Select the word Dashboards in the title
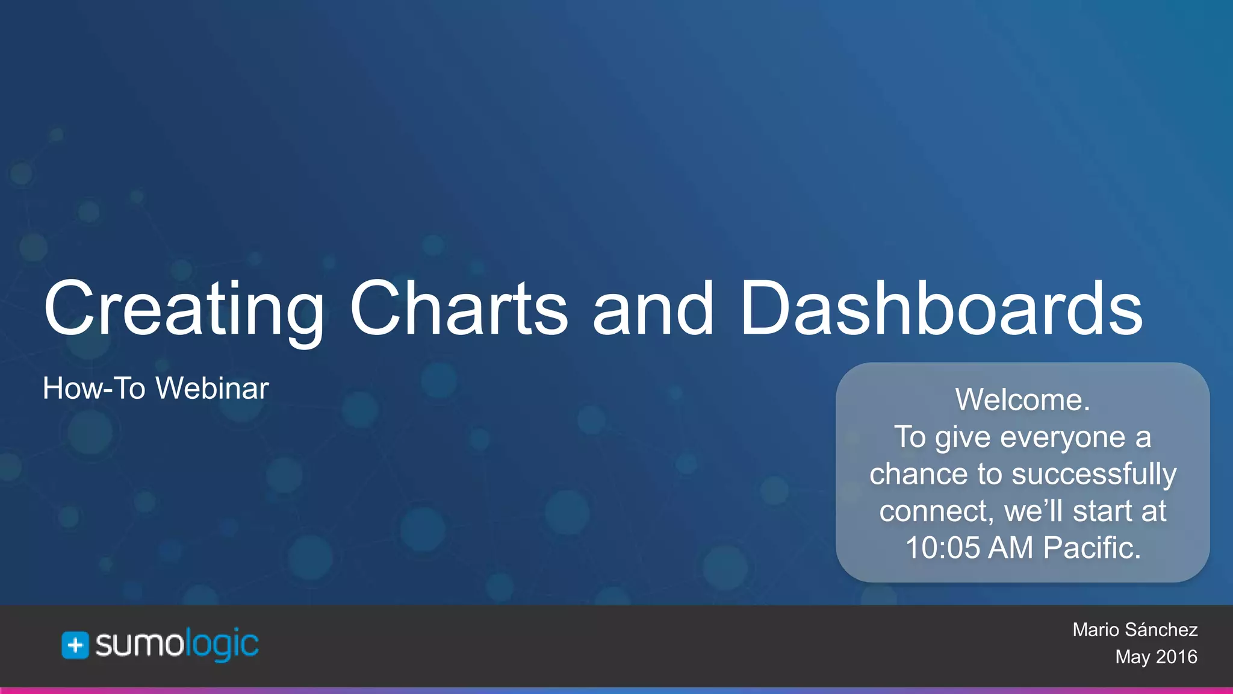click(941, 308)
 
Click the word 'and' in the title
click(653, 308)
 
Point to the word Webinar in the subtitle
click(212, 389)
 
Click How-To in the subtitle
click(94, 389)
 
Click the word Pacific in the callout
click(1091, 548)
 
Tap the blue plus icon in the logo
click(75, 646)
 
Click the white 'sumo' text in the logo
click(139, 645)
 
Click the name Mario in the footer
click(1095, 630)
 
